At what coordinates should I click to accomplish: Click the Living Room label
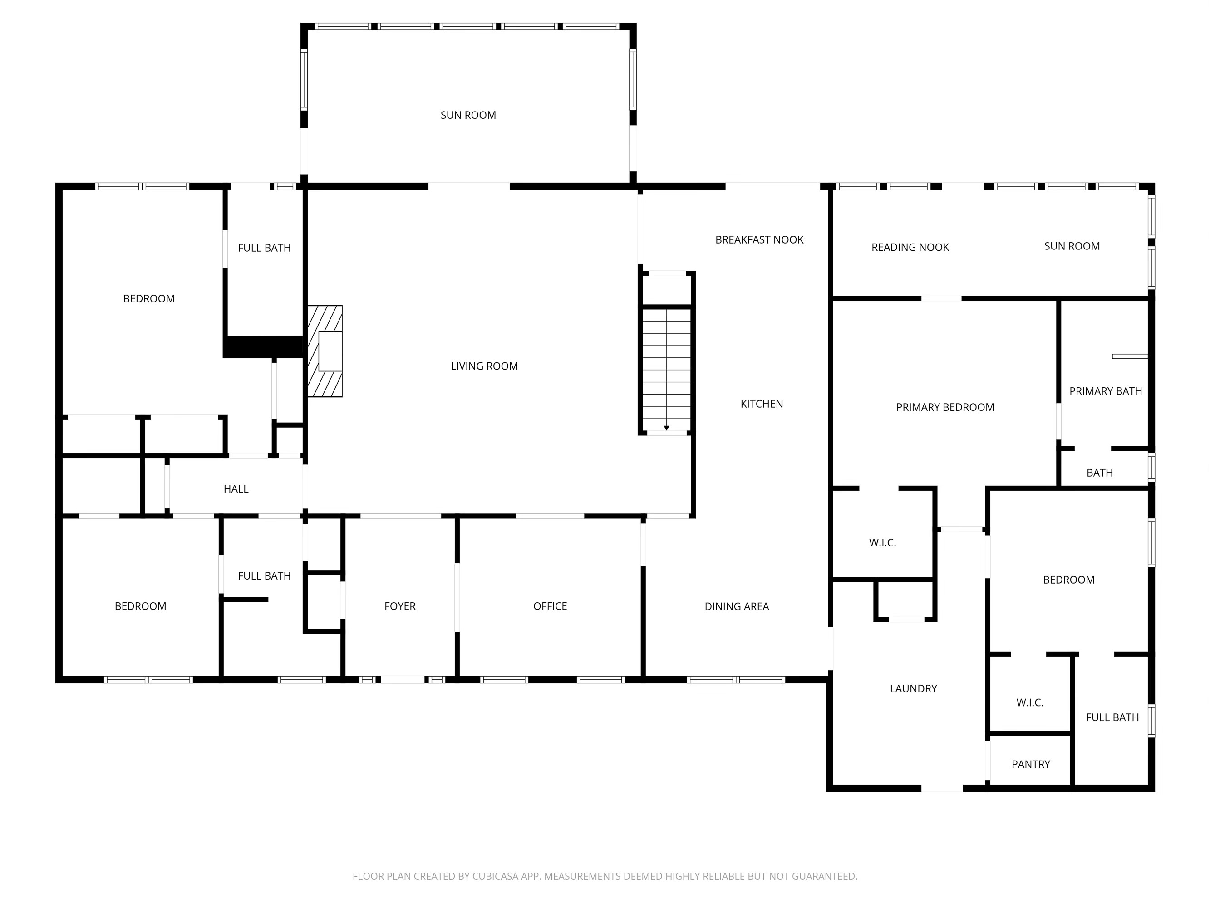click(x=484, y=366)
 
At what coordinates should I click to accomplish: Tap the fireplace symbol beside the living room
click(x=325, y=351)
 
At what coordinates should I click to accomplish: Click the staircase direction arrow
click(x=666, y=428)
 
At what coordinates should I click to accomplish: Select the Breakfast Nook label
click(x=759, y=239)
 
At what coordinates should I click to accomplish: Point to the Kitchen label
click(x=762, y=404)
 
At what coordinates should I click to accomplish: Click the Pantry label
click(x=1031, y=764)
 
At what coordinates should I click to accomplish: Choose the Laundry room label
click(x=913, y=689)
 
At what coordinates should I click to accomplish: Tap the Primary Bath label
click(x=1106, y=391)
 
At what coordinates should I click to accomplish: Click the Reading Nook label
click(x=910, y=247)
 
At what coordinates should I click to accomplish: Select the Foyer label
click(x=400, y=606)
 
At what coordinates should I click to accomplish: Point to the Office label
click(x=550, y=606)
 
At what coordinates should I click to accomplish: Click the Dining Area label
click(x=736, y=606)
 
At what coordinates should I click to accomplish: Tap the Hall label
click(x=236, y=489)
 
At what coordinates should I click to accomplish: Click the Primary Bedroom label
click(x=944, y=407)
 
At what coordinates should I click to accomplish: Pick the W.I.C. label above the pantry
click(x=1029, y=703)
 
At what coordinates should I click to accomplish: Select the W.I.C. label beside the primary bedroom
click(x=882, y=543)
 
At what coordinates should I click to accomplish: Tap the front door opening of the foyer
click(x=403, y=679)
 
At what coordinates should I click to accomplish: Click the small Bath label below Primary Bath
click(x=1099, y=473)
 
